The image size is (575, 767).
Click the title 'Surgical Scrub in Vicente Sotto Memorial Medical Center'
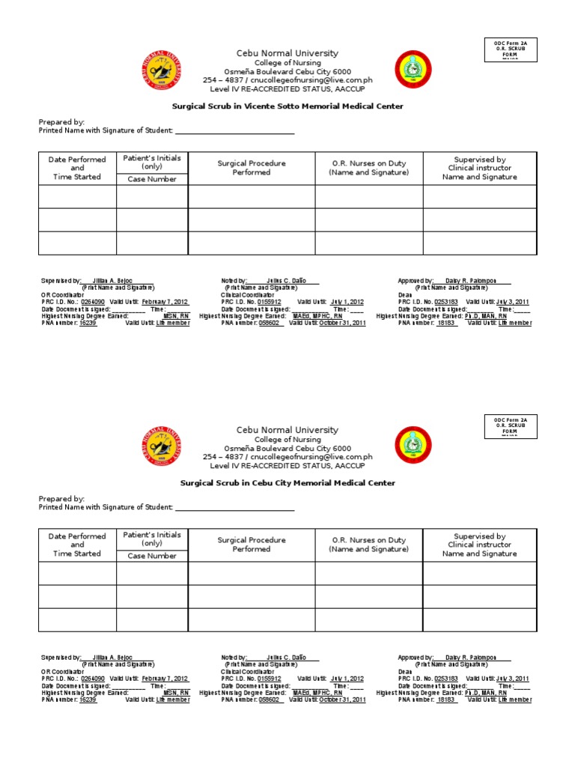(287, 106)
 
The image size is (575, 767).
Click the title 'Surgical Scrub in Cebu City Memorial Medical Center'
(287, 483)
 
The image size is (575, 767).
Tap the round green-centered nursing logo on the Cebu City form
(413, 446)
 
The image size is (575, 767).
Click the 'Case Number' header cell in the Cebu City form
(152, 556)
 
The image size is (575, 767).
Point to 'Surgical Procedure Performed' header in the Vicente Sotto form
(252, 168)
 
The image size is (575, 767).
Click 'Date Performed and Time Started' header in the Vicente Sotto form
(77, 168)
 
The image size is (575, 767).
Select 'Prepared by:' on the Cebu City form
(61, 498)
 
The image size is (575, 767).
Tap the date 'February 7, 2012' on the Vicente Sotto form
(165, 301)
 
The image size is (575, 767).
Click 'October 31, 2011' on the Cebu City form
(342, 700)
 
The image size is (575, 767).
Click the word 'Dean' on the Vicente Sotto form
(405, 294)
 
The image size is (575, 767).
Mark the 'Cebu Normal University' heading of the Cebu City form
(287, 430)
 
